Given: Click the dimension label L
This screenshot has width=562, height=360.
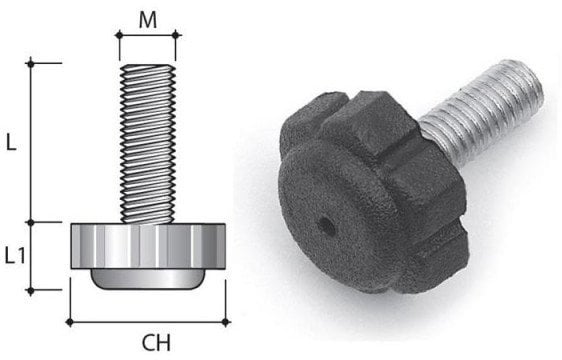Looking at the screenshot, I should [x=11, y=143].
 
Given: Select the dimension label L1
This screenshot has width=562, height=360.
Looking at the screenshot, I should [x=15, y=256].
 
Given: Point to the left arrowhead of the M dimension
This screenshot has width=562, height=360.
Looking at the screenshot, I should [x=119, y=33].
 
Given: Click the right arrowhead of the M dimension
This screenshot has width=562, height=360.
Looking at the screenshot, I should [x=177, y=33].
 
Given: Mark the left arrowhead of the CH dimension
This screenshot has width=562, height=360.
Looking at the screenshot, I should [x=69, y=321].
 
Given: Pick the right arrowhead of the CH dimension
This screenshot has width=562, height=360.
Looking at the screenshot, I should [x=227, y=321].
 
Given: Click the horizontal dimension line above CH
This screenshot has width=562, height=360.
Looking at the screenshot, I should [x=148, y=321].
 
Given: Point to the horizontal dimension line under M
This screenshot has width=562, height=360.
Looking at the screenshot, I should [x=148, y=33].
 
